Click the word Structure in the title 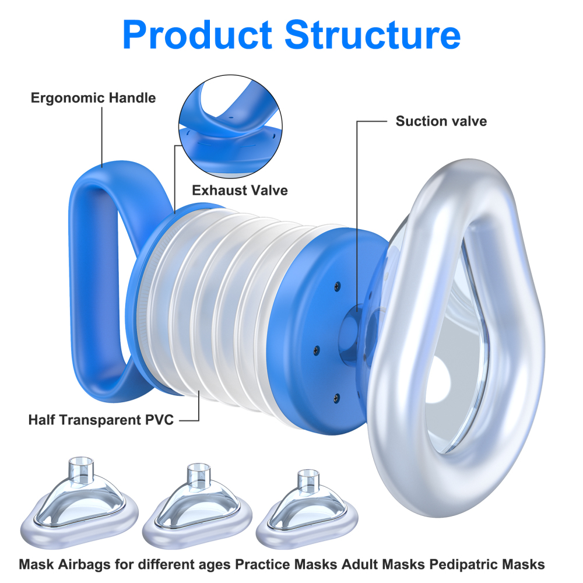coord(374,35)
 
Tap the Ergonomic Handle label coord(93,98)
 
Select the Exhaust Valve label coord(240,190)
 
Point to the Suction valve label coord(441,121)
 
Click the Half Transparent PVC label coord(101,419)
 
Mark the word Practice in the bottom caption coord(262,564)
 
